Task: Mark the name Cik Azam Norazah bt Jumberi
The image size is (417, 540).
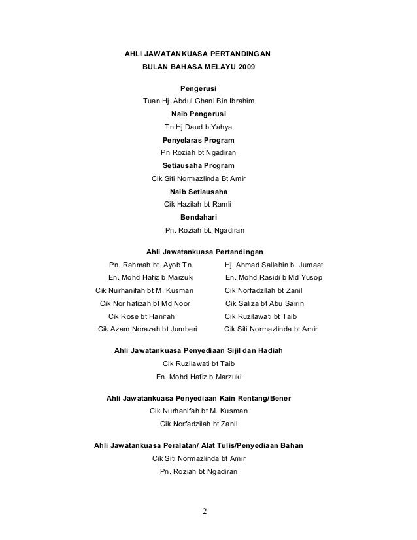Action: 147,329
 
